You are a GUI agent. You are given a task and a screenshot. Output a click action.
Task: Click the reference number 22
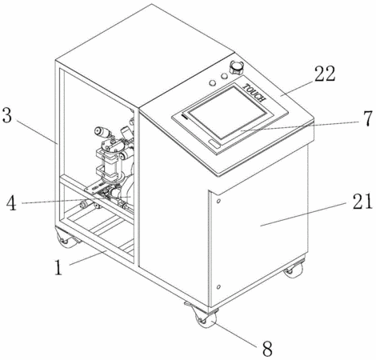325,74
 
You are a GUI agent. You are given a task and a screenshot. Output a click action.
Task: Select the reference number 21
362,201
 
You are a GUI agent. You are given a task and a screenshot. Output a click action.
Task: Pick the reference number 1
58,267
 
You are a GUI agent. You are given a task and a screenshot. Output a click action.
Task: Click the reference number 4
11,203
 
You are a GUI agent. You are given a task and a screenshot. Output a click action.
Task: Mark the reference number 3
7,115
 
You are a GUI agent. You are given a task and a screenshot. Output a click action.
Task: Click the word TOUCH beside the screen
254,93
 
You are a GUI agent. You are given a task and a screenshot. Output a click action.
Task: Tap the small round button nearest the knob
224,76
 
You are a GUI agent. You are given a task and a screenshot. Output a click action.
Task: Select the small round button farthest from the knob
213,83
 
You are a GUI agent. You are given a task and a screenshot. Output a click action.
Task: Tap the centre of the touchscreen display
227,112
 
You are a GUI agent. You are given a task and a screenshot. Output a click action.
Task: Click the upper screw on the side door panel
218,201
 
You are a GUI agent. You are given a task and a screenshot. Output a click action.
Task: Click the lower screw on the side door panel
218,287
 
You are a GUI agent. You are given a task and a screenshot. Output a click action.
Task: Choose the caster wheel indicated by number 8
205,317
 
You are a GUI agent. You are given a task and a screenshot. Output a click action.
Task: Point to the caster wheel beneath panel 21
293,269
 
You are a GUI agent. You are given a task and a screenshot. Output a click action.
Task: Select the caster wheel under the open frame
66,238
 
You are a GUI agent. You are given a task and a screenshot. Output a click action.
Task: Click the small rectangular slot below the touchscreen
214,143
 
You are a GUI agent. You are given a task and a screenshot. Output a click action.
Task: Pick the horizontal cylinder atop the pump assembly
102,131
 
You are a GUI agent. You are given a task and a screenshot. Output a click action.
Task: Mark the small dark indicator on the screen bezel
184,117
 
